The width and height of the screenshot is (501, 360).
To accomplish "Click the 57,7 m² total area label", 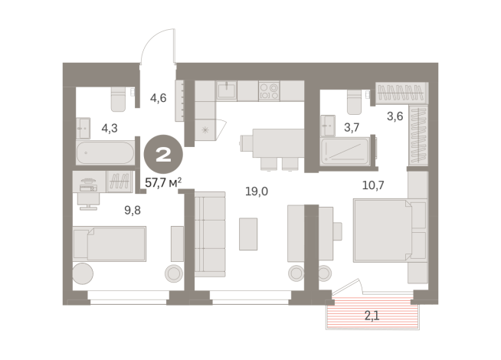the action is coord(163,183).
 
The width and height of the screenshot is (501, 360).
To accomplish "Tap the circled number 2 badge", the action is coord(164,154).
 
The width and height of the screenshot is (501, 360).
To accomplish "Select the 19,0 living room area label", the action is coord(257,191).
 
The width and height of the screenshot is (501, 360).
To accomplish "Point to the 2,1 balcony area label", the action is coord(372,316).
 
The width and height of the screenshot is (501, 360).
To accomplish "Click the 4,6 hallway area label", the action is coord(158,98).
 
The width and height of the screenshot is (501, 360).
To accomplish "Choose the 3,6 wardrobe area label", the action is coord(395,116).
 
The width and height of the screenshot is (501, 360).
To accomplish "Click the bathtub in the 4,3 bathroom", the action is coord(106,152).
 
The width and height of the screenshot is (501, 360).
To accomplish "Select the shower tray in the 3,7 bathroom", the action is coord(345,152).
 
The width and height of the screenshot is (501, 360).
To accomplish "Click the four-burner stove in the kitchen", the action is coord(269,90).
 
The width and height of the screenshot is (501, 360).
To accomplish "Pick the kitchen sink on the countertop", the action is coord(227,90).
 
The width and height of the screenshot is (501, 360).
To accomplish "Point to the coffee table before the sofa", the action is coord(248,234).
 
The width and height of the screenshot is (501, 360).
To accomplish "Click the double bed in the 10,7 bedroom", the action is coord(390,231).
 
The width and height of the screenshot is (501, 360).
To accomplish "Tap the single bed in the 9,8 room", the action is coord(110,244).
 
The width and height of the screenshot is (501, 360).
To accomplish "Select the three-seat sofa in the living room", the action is coord(210,234).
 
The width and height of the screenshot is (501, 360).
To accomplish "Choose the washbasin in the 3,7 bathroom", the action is coord(328,126).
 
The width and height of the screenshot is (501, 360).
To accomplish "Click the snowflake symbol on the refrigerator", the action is coord(205,130).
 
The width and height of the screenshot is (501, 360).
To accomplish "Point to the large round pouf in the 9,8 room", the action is coord(83,273).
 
